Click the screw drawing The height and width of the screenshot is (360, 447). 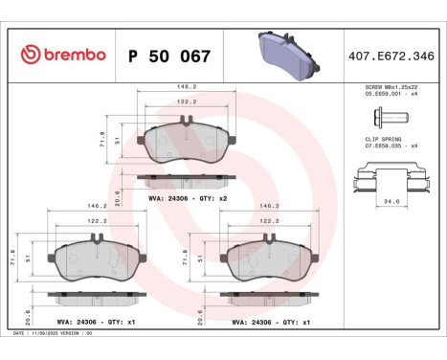point(387,117)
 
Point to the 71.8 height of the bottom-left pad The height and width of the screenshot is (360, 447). point(12,257)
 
